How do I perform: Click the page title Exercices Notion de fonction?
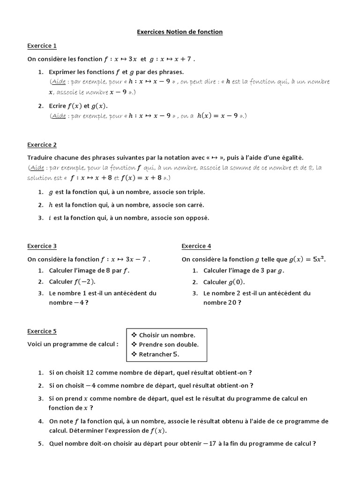pyautogui.click(x=180, y=32)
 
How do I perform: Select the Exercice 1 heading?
pyautogui.click(x=42, y=45)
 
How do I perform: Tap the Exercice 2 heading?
pyautogui.click(x=42, y=145)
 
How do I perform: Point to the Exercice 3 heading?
pyautogui.click(x=42, y=246)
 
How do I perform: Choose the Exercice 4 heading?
pyautogui.click(x=196, y=246)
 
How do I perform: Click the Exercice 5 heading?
pyautogui.click(x=42, y=331)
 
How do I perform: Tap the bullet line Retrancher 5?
pyautogui.click(x=159, y=354)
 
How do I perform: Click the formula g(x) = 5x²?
pyautogui.click(x=307, y=259)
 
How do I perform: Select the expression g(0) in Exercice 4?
pyautogui.click(x=236, y=282)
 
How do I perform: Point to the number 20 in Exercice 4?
pyautogui.click(x=232, y=302)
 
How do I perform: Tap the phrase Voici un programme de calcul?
pyautogui.click(x=73, y=344)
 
